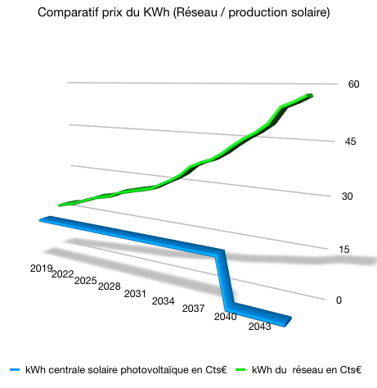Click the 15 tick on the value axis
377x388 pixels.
click(x=345, y=250)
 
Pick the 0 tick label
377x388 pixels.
click(x=339, y=300)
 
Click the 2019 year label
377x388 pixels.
click(x=41, y=268)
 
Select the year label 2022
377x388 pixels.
click(x=62, y=274)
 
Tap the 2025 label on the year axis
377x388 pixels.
click(x=85, y=280)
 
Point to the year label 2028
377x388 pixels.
click(x=109, y=286)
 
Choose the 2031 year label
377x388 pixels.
click(x=135, y=294)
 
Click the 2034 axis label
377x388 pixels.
click(x=163, y=301)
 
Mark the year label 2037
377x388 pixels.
click(x=193, y=309)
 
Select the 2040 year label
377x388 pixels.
click(x=225, y=317)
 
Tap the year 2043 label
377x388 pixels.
click(x=259, y=327)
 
